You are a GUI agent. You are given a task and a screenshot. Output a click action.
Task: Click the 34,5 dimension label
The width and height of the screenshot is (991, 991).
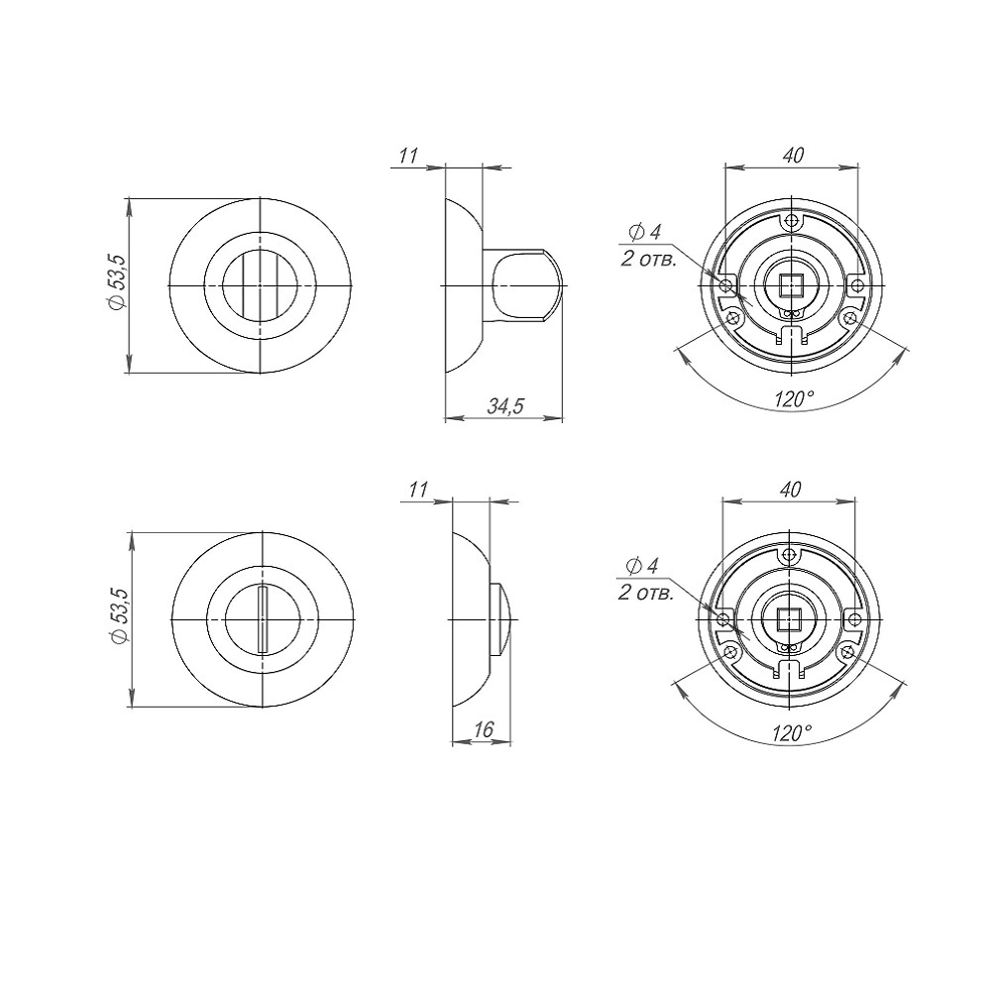506,405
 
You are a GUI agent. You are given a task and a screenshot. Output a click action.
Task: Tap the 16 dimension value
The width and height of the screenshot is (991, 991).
483,729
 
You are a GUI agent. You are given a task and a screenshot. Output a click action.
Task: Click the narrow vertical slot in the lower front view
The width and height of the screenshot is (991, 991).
261,619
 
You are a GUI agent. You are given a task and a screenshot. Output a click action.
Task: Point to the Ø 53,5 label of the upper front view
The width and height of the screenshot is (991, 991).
117,285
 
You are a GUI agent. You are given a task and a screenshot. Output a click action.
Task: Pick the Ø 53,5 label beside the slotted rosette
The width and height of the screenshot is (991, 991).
119,618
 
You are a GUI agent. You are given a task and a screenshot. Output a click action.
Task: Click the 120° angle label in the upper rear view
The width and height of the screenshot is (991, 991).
793,398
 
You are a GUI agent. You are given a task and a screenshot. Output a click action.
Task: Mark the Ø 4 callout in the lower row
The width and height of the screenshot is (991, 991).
642,566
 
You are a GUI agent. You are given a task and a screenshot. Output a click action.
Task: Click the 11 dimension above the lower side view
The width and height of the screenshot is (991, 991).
418,490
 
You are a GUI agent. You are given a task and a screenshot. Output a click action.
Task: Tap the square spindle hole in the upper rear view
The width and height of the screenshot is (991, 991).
791,285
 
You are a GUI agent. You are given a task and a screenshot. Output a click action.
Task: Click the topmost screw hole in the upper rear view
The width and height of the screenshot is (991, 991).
791,221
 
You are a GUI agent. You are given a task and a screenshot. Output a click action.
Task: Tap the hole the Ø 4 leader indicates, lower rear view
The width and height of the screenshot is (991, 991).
723,620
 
